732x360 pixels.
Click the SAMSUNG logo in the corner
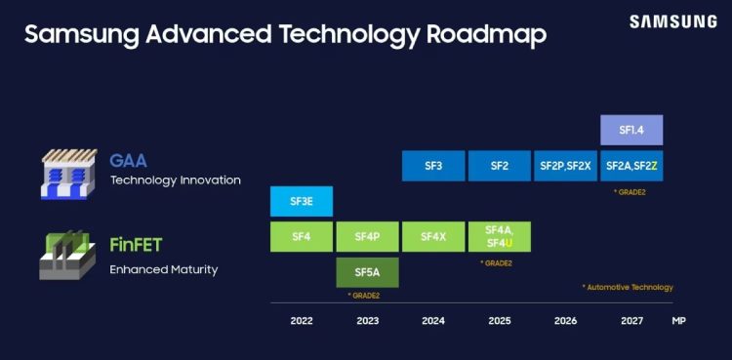click(671, 21)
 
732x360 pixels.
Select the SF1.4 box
click(631, 130)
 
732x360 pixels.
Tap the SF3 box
click(433, 166)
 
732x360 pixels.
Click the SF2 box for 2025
click(499, 166)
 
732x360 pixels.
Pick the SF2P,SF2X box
click(565, 166)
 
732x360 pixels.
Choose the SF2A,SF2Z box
click(631, 166)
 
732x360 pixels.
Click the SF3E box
click(302, 201)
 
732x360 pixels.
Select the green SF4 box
click(302, 236)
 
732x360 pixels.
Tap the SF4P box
click(367, 236)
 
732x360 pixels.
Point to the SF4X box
click(433, 236)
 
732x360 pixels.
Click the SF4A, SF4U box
click(499, 236)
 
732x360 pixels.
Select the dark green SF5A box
click(367, 272)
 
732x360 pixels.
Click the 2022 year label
click(302, 320)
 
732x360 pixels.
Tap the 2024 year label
click(433, 320)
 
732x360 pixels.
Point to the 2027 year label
click(631, 320)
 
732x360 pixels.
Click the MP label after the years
click(678, 320)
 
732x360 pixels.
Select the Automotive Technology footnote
click(627, 287)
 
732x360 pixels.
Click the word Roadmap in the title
click(486, 35)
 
